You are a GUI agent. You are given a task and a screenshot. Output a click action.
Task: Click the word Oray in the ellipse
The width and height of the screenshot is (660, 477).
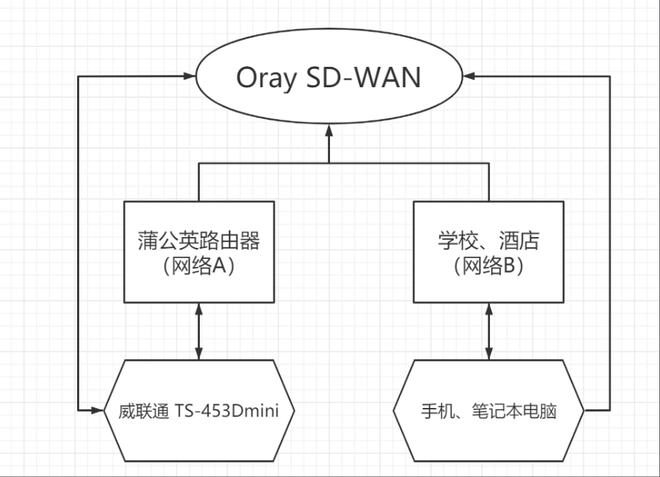pos(266,77)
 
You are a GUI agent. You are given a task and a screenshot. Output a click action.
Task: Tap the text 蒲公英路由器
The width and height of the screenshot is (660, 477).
pos(199,241)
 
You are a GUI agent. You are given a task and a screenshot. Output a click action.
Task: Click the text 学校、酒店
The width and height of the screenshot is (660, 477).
pos(488,241)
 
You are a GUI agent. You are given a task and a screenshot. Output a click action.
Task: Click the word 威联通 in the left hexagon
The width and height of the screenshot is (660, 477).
pos(148,410)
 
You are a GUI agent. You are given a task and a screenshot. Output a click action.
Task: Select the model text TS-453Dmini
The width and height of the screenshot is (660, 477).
pos(235,410)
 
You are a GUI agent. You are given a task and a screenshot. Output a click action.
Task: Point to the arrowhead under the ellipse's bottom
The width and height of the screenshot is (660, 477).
pos(330,146)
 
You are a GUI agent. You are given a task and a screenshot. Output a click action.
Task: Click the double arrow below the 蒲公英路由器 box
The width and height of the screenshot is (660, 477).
pos(199,331)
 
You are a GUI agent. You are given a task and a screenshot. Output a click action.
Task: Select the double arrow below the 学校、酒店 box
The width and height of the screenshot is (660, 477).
pos(488,331)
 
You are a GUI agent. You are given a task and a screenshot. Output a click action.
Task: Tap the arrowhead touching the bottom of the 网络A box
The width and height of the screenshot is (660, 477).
pos(199,309)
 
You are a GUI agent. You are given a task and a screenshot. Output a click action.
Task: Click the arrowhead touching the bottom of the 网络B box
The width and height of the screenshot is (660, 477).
pos(488,309)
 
